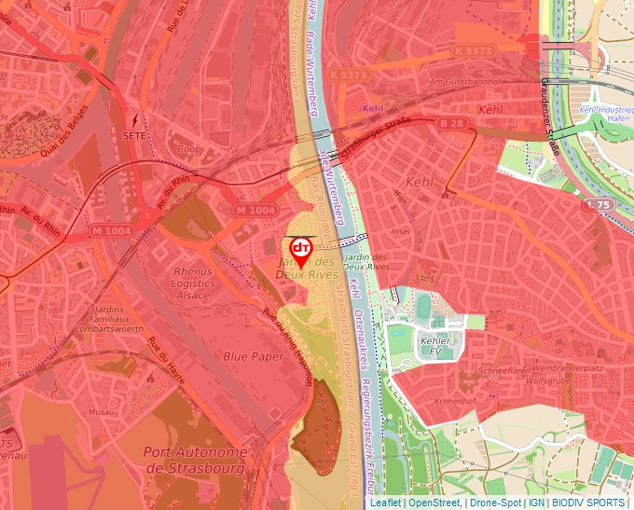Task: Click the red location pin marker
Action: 300,250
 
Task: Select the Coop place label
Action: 189,148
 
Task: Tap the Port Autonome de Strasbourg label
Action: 196,460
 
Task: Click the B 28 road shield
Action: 451,123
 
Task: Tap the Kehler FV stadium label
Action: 435,346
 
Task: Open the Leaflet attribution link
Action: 386,503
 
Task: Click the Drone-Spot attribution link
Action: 494,503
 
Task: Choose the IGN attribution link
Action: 536,503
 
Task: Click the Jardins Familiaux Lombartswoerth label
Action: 104,318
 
